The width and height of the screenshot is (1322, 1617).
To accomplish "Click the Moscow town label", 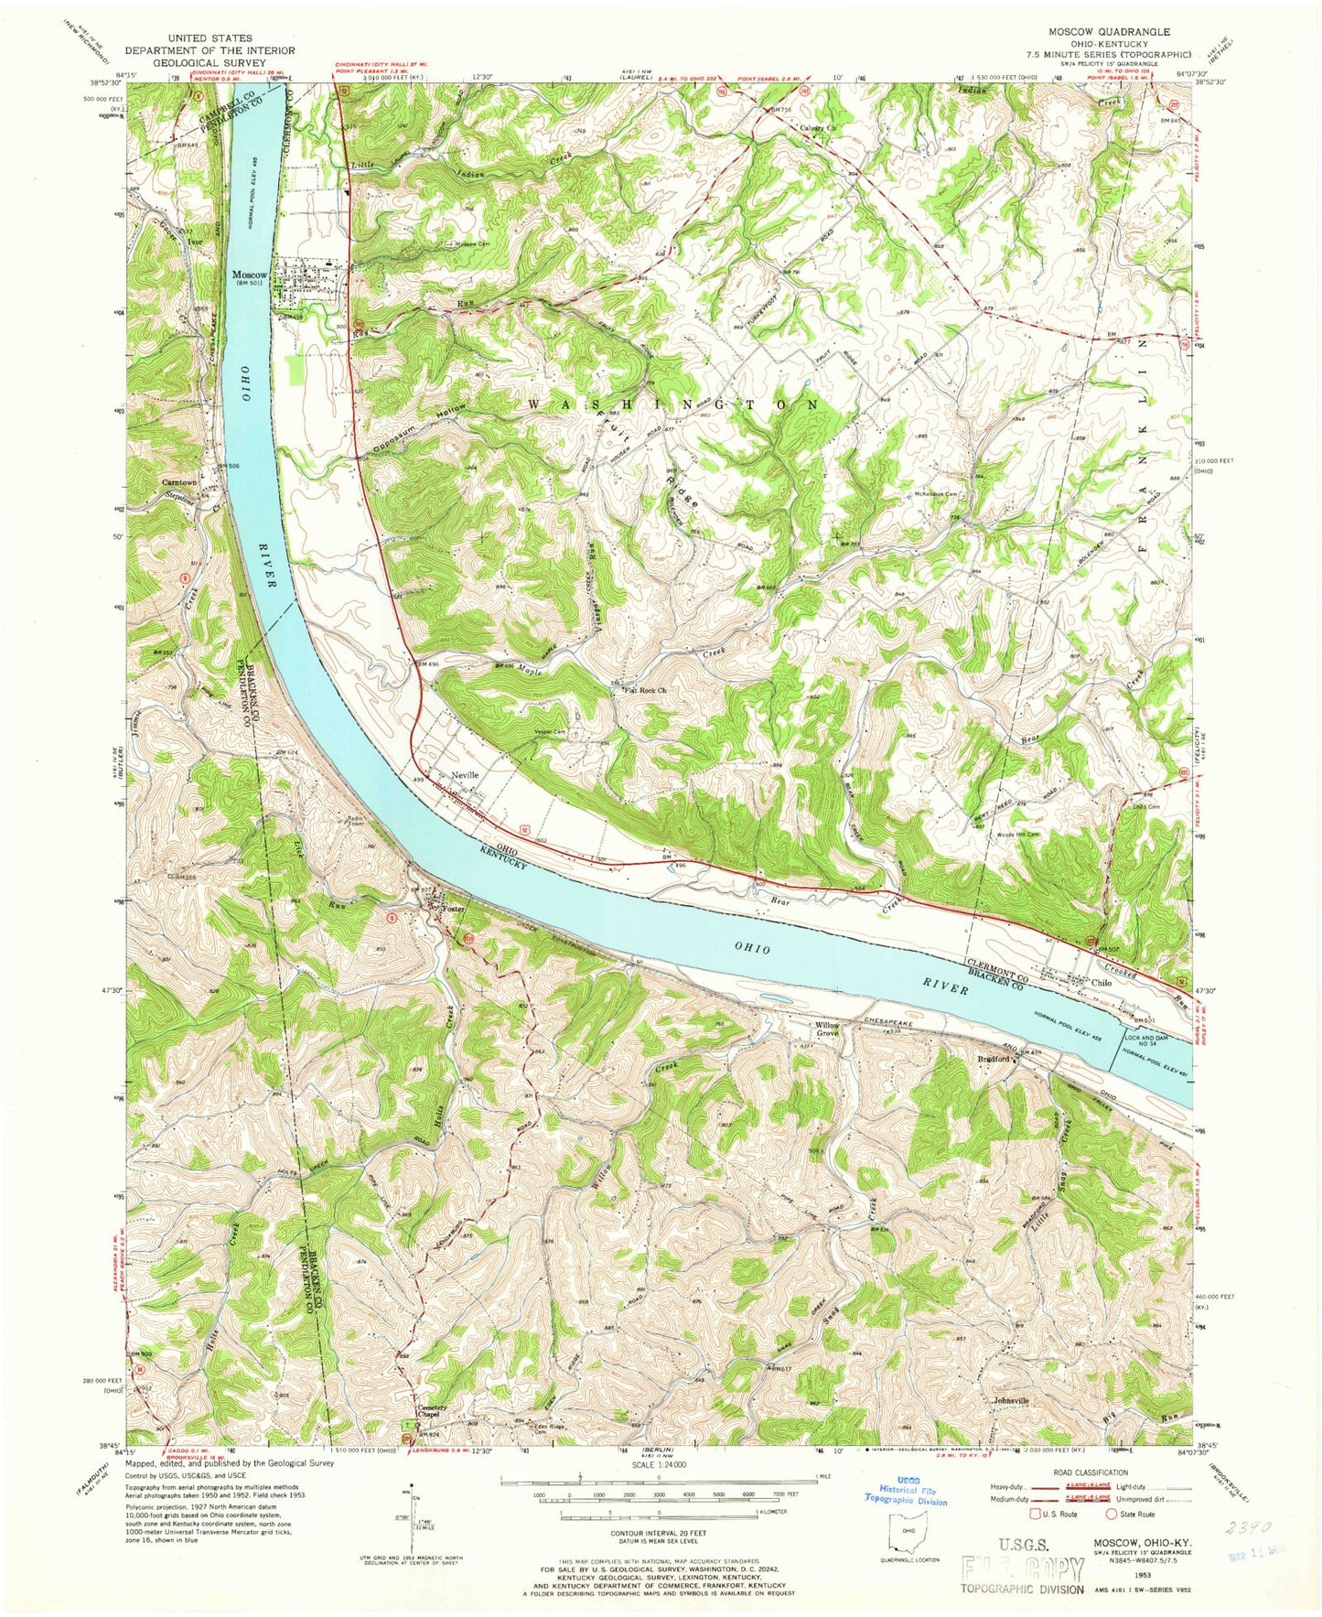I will pyautogui.click(x=249, y=275).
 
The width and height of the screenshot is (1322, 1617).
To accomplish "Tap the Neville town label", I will pyautogui.click(x=464, y=774).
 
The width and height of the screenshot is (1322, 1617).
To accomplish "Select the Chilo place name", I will pyautogui.click(x=1102, y=983).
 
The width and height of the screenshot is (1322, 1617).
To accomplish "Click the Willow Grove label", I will pyautogui.click(x=827, y=1030).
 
